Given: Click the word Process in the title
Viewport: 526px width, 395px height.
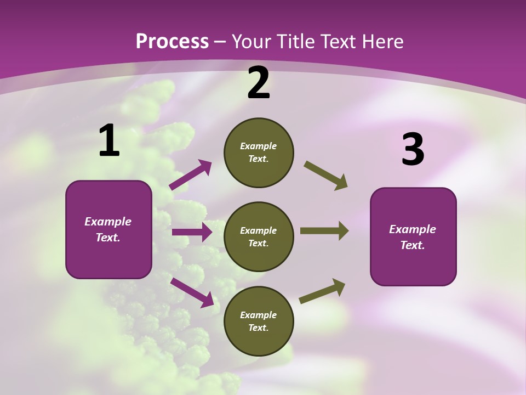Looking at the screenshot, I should coord(172,41).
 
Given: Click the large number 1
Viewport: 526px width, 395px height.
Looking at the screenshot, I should coord(109,141).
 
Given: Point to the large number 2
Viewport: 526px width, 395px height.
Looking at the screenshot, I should coord(259,83).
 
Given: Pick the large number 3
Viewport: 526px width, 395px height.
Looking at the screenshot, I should coord(413,149).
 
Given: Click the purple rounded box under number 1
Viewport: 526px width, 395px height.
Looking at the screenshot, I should coord(108,229).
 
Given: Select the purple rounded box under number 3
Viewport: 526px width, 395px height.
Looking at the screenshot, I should coord(413,236).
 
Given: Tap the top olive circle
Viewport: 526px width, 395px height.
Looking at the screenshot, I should coord(259,153).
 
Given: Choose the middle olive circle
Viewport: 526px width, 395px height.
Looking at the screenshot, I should coord(259,236).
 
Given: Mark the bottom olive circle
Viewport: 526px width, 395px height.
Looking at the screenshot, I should coord(259,321).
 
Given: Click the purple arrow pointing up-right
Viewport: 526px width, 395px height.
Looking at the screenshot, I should coord(190,174).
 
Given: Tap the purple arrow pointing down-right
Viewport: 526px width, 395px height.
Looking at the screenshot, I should coord(192,292).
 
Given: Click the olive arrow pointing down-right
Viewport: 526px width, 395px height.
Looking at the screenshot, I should coord(326,176).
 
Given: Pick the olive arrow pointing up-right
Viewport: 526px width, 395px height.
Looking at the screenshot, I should coord(322,291).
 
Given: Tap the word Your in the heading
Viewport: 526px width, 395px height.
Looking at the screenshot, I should coord(251,41).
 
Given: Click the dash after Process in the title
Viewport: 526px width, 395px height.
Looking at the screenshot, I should coord(220,42).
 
